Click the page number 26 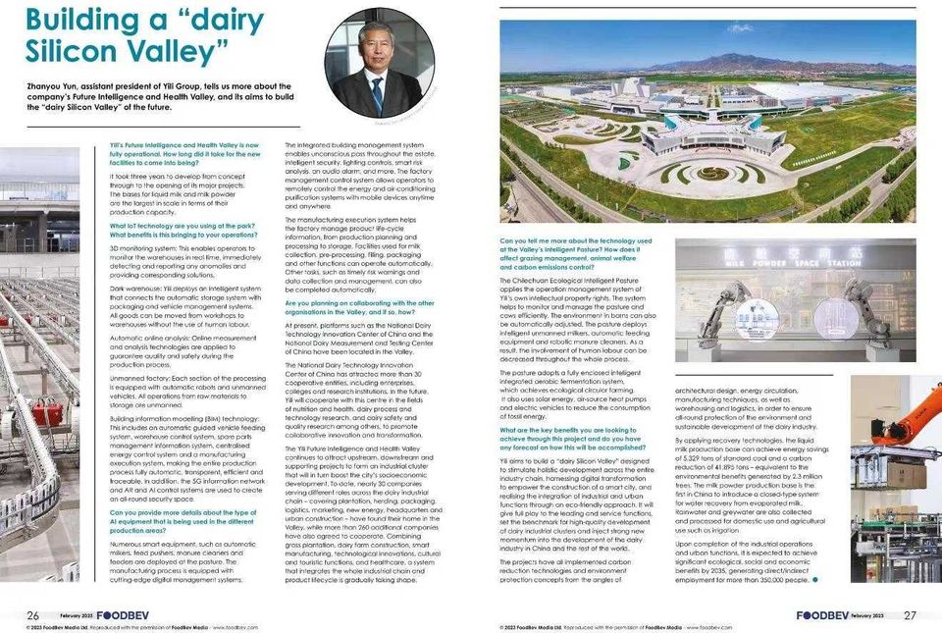pos(32,614)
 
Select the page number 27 pos(910,614)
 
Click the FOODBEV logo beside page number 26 pos(120,614)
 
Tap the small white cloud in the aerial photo pos(741,28)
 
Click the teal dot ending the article pos(814,579)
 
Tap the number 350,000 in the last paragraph pos(772,580)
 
